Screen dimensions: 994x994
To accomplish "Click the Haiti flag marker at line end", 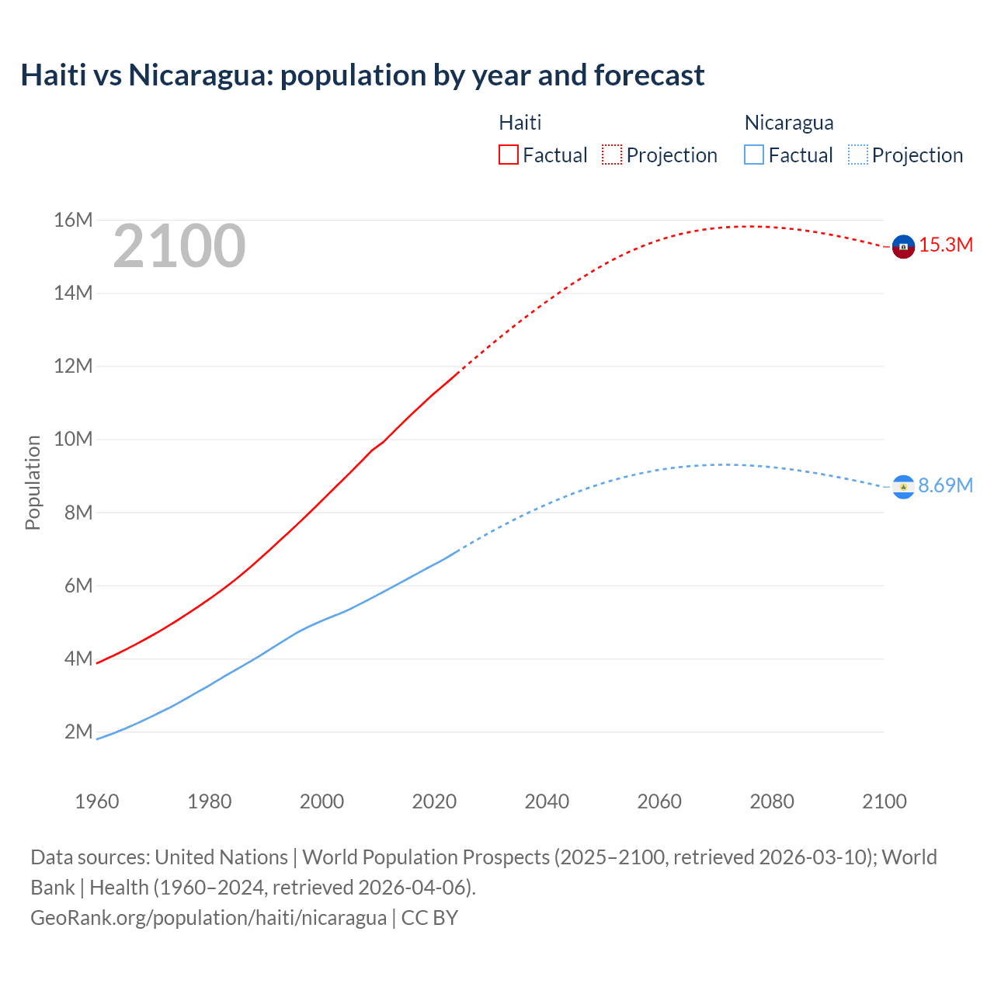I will (903, 246).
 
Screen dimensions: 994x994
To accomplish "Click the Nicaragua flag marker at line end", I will (903, 487).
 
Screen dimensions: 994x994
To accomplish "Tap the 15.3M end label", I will (946, 245).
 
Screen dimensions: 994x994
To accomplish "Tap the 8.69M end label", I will (945, 486).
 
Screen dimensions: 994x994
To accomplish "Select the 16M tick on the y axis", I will (74, 221).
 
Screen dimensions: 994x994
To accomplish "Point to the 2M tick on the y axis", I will (78, 732).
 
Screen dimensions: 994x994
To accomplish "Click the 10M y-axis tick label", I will (74, 440).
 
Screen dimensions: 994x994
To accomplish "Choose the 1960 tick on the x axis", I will (97, 801).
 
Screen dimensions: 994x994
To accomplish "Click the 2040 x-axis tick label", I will (547, 801).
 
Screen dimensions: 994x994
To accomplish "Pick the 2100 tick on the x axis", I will (885, 801).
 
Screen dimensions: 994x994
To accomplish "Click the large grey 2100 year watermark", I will (179, 247).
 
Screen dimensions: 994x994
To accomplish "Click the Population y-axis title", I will (33, 482).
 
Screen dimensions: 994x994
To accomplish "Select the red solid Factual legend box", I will (509, 155).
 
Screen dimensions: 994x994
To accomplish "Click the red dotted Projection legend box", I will (612, 155).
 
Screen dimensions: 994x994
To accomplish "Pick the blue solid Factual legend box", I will (754, 155).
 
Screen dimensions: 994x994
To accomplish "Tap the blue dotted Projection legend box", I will (858, 155).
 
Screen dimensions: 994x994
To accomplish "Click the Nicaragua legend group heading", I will (789, 123).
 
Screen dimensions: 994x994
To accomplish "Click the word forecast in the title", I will (649, 75).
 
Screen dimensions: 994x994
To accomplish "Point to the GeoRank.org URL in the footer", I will (208, 918).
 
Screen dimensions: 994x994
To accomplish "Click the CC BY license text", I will (429, 918).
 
